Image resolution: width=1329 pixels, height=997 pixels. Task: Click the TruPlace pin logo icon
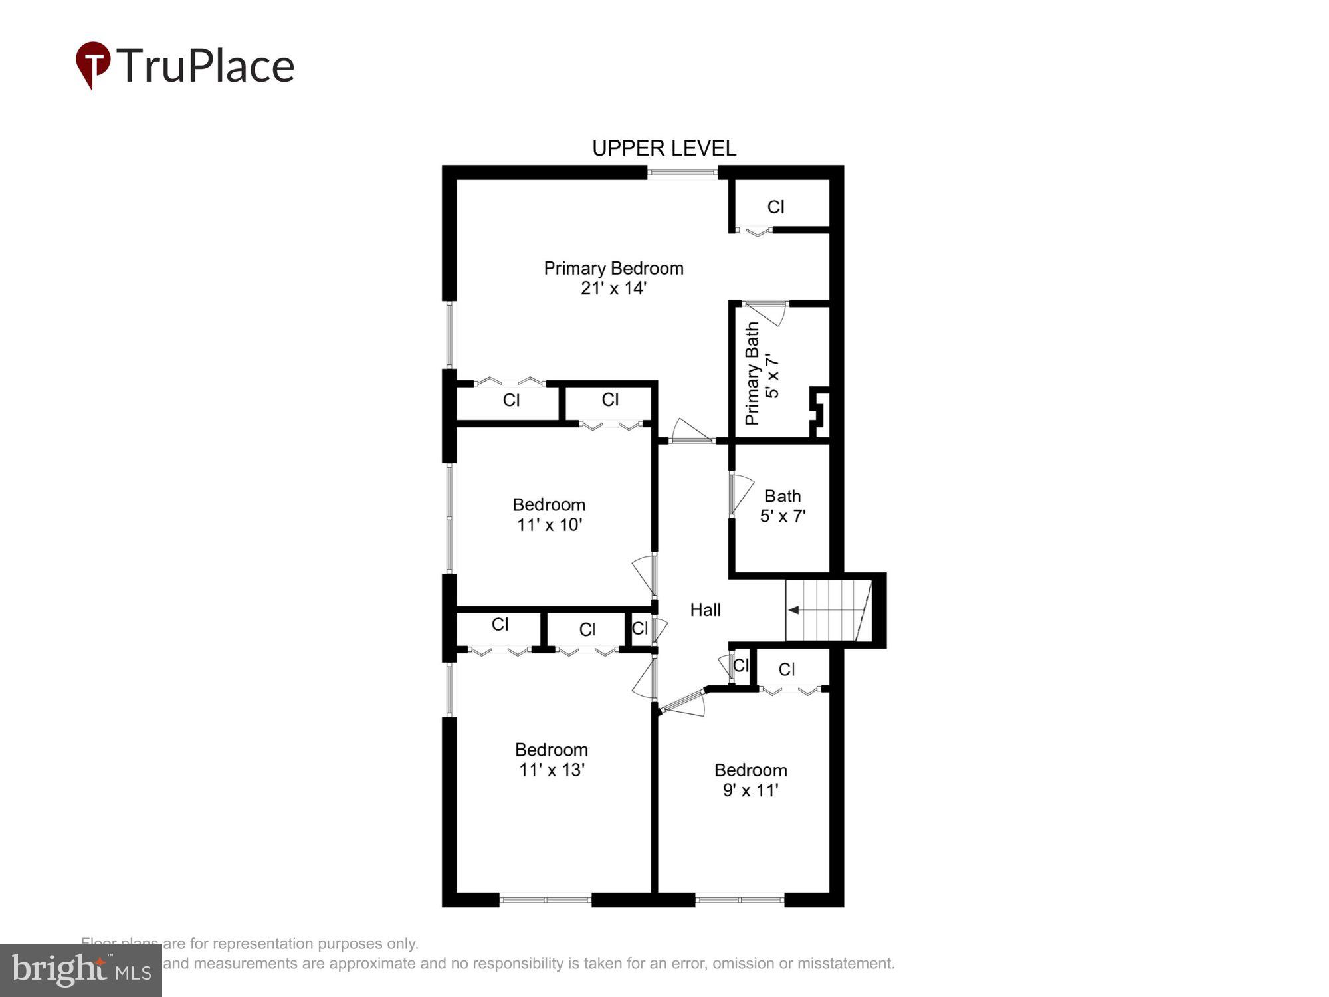tap(92, 63)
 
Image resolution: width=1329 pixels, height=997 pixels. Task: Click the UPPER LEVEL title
tap(664, 148)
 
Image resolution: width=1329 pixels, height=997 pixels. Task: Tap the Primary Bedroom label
tap(613, 268)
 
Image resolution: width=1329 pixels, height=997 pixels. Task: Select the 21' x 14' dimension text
tap(613, 288)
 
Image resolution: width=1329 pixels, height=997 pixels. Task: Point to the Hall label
tap(705, 609)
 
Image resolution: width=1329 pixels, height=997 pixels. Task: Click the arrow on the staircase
tap(793, 609)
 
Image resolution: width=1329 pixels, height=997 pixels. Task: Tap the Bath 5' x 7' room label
tap(783, 506)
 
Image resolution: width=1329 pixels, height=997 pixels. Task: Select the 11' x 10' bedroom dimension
tap(550, 524)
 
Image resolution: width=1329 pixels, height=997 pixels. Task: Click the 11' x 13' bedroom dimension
tap(552, 770)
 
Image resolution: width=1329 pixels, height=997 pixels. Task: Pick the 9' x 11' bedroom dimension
tap(751, 790)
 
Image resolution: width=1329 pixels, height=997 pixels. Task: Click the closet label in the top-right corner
tap(776, 207)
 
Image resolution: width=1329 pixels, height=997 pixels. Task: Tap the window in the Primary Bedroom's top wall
tap(682, 173)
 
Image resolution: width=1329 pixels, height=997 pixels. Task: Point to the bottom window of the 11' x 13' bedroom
tap(545, 899)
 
